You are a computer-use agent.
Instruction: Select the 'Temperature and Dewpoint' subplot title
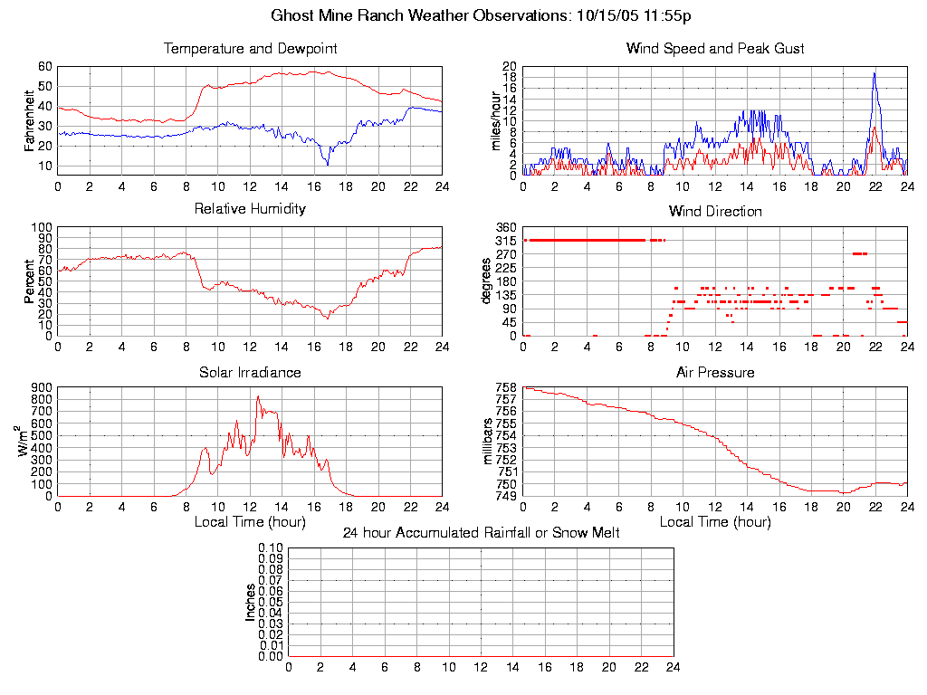[250, 48]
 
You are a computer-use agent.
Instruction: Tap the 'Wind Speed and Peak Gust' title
[715, 48]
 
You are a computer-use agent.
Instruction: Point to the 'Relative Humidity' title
[250, 209]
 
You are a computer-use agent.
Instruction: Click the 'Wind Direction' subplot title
[715, 211]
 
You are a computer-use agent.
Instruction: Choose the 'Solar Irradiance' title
[250, 372]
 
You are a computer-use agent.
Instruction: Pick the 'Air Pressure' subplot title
[715, 372]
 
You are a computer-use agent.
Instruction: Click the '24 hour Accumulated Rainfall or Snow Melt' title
[481, 533]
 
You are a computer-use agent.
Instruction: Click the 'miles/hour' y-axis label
[495, 120]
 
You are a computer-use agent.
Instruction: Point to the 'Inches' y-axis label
[251, 602]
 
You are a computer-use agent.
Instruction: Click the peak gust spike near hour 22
[874, 74]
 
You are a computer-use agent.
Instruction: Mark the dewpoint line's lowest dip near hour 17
[328, 163]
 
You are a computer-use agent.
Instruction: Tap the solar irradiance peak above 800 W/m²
[258, 397]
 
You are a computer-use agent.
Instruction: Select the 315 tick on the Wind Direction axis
[507, 240]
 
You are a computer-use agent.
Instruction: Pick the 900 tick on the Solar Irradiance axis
[42, 387]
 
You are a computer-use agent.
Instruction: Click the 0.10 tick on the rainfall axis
[270, 547]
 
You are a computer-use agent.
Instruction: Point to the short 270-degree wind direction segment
[859, 253]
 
